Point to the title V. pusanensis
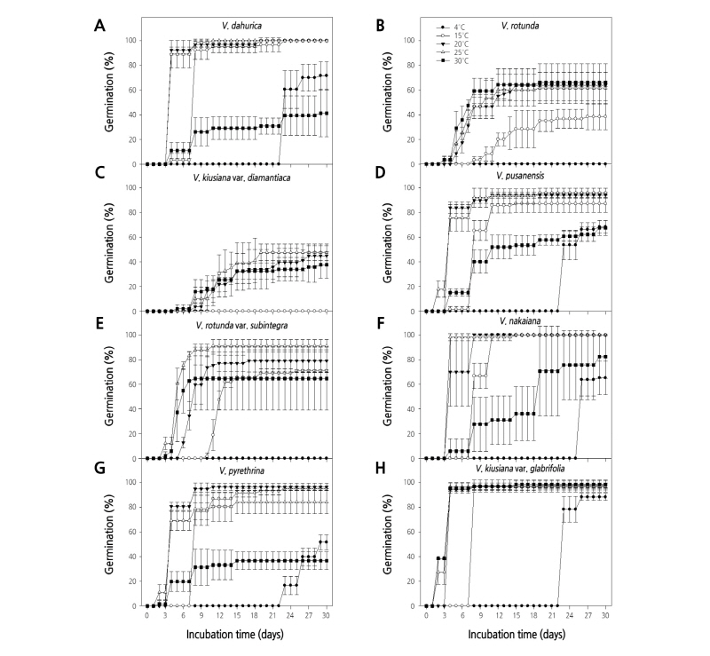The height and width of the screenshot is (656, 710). point(517,178)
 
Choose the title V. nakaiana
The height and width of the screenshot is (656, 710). point(517,325)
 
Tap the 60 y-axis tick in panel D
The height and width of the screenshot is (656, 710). point(412,237)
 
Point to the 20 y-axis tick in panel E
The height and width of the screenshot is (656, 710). point(133,434)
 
